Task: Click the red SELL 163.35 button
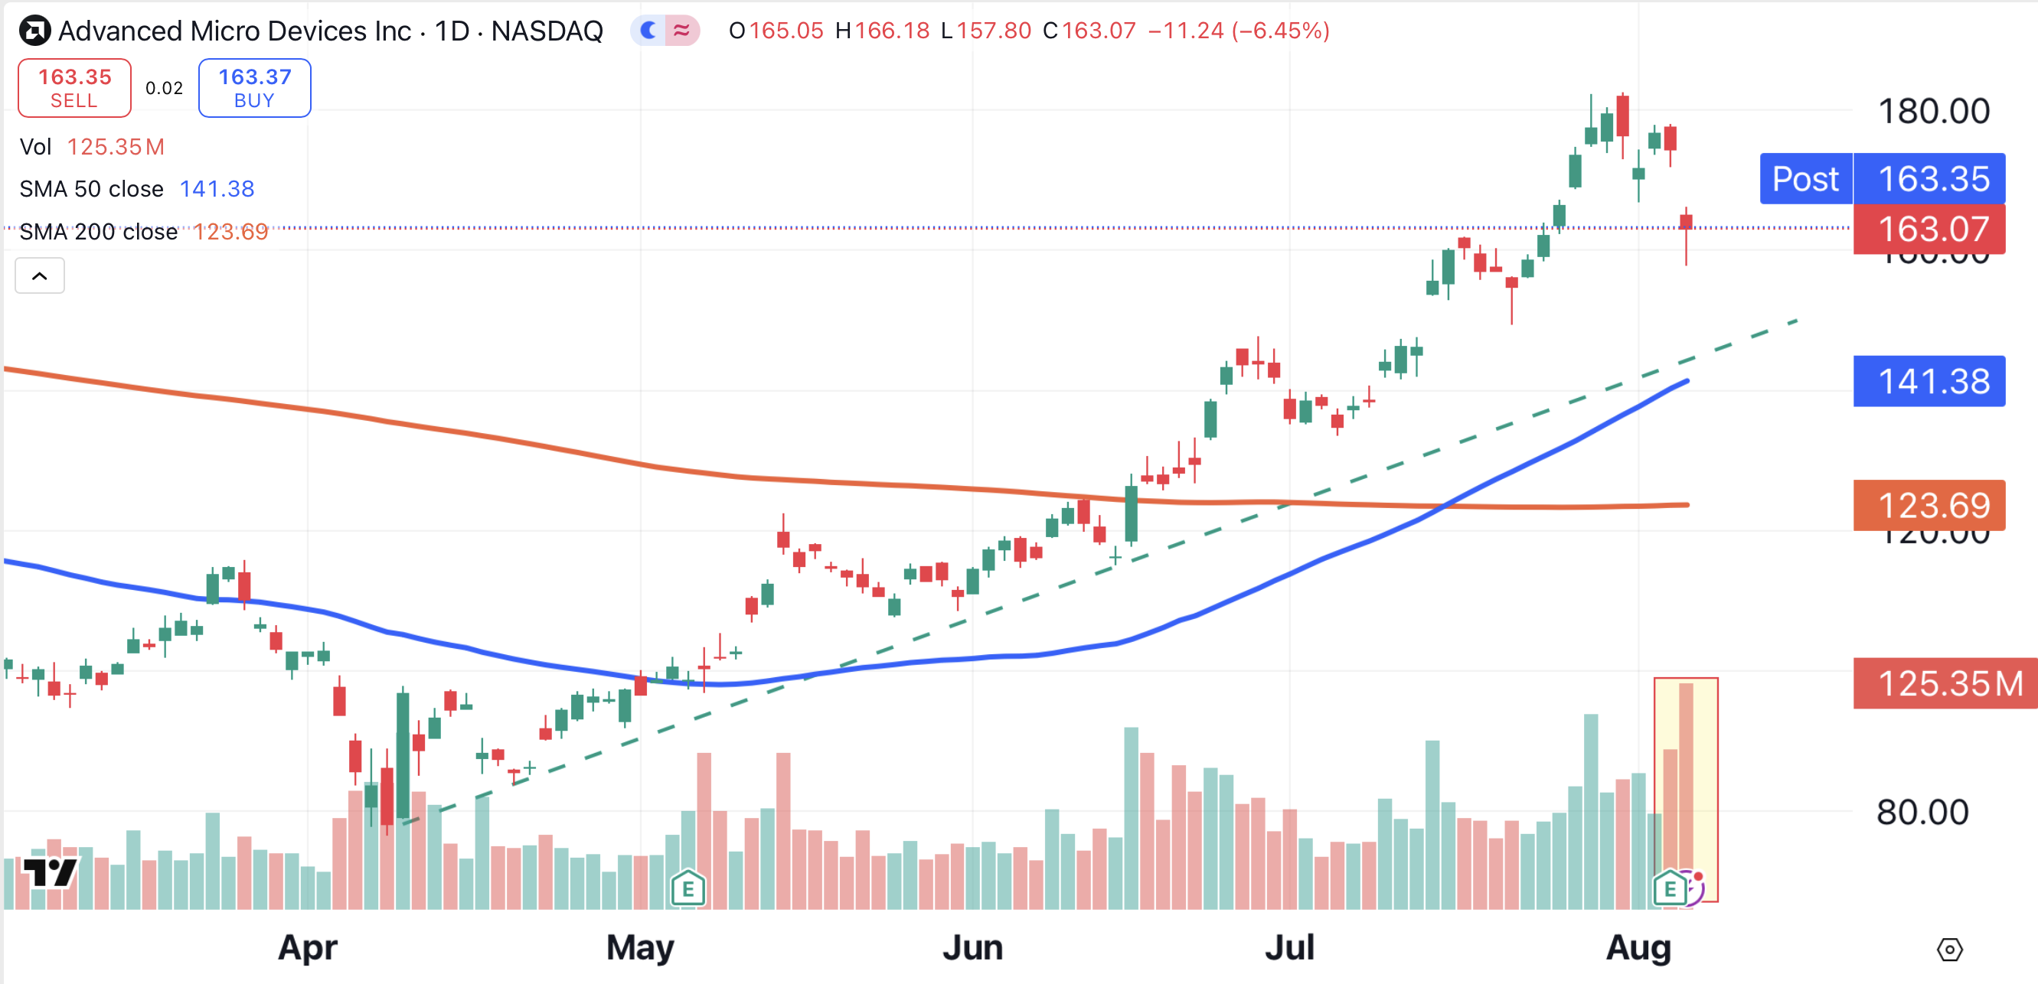pos(74,88)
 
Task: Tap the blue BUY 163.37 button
pos(254,88)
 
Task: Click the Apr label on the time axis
pos(308,947)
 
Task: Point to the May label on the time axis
pos(640,947)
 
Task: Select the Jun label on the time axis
pos(972,947)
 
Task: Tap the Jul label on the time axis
pos(1288,947)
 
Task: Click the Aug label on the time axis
pos(1638,947)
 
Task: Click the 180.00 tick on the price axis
pos(1934,111)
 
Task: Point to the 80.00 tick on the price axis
pos(1922,813)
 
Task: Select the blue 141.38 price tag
pos(1929,381)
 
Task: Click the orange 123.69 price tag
pos(1929,506)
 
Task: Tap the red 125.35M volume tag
pos(1945,683)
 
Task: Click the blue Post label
pos(1805,179)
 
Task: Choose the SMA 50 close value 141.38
pos(217,189)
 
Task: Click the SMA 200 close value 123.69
pos(230,232)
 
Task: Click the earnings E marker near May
pos(687,888)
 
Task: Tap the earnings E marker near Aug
pos(1669,888)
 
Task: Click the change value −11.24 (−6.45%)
pos(1238,31)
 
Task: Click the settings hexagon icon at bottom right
pos(1949,950)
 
